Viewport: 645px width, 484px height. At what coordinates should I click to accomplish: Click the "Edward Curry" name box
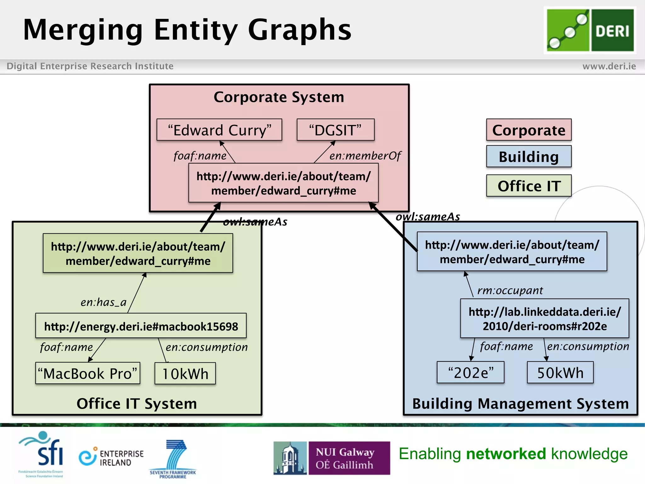coord(219,130)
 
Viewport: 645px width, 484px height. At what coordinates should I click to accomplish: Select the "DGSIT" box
coord(335,130)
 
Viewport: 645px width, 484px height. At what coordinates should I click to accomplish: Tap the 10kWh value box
coord(185,373)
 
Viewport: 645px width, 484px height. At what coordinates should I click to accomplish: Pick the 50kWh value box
coord(560,373)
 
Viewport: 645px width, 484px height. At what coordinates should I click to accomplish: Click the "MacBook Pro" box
coord(88,373)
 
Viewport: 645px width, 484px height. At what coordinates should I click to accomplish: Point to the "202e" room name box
coord(471,373)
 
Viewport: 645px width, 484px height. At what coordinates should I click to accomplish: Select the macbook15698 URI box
coord(141,326)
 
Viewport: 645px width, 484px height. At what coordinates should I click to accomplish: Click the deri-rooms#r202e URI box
coord(545,319)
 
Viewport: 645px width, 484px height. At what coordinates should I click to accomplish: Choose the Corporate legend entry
coord(528,130)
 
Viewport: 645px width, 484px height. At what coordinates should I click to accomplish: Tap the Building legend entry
coord(528,157)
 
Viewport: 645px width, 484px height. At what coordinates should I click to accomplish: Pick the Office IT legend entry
coord(528,186)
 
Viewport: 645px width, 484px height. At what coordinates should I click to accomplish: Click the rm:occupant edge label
coord(510,290)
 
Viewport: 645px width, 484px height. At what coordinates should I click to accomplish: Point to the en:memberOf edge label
coord(365,156)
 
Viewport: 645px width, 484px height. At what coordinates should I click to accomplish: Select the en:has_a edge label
coord(103,302)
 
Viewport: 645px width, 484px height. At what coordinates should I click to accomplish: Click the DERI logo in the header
coord(590,30)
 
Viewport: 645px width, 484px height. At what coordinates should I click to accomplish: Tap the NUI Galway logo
coord(332,458)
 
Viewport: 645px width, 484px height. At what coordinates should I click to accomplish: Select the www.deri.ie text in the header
coord(609,66)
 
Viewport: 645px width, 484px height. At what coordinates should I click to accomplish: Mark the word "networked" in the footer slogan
coord(506,454)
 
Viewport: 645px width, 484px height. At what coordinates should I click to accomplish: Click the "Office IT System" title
coord(137,404)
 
